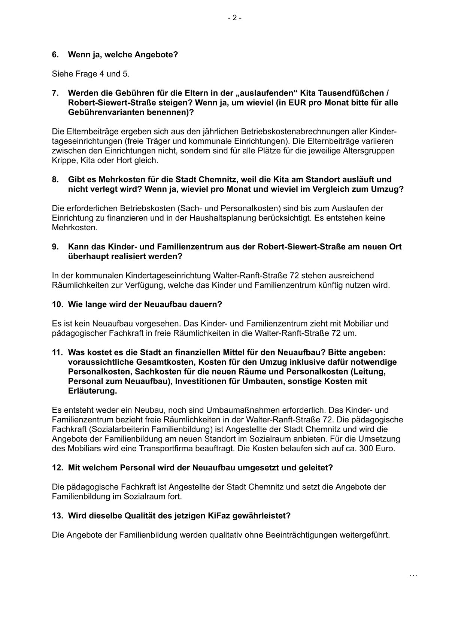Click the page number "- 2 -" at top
coord(234,18)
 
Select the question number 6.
coord(55,55)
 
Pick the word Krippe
coord(63,161)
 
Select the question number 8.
coord(55,179)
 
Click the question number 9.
coord(55,247)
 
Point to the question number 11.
coord(57,352)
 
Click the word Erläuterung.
coord(92,391)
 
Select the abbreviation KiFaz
coord(219,516)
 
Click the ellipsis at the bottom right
coord(413,575)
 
